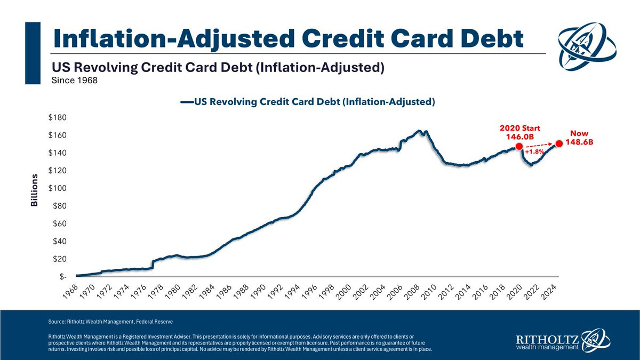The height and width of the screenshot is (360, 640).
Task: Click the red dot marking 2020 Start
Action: [x=518, y=147]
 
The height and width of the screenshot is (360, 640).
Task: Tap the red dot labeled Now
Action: [x=559, y=143]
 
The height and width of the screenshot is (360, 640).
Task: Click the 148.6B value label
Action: [x=580, y=143]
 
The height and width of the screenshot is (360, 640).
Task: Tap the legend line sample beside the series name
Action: [x=187, y=102]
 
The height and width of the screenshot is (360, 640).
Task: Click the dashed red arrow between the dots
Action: [x=539, y=145]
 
